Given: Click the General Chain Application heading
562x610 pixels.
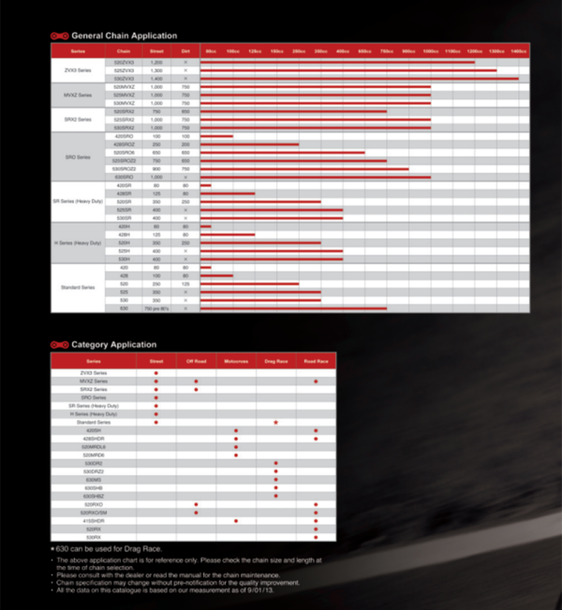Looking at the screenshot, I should tap(123, 36).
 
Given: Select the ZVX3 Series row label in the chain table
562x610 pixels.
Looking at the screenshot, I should tap(78, 70).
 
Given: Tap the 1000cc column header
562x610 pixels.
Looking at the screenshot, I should tap(431, 50).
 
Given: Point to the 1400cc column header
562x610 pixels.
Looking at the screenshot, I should tap(518, 50).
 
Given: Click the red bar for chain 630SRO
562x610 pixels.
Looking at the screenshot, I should tap(316, 176).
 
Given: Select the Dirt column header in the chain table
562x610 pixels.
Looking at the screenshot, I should tap(185, 50).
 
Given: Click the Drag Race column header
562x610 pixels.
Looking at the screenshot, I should tap(276, 360).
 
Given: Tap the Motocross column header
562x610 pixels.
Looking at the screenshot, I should tap(236, 360).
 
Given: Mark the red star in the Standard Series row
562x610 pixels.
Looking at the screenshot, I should tap(276, 422).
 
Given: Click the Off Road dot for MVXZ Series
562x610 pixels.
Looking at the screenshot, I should tap(196, 382).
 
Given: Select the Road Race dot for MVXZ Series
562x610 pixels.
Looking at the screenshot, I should tap(317, 382).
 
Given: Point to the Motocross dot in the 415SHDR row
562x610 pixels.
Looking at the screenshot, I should tap(236, 520).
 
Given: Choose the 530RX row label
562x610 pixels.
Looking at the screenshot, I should tap(94, 537).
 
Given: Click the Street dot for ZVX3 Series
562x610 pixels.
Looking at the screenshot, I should tap(155, 373).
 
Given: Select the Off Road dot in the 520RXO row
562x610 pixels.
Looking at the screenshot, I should tap(196, 504).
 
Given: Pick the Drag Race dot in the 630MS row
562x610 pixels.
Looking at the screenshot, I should tap(276, 480).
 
